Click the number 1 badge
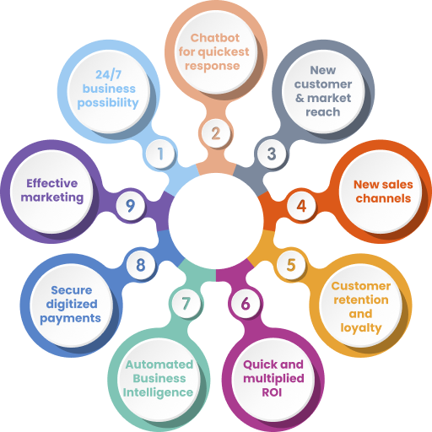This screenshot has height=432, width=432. tap(160, 154)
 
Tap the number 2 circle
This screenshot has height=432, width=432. tap(216, 133)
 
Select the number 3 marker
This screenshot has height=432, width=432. tap(272, 154)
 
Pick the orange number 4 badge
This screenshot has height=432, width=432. tap(301, 206)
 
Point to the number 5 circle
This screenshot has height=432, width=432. tap(291, 265)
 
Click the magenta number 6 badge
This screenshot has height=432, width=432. tap(246, 304)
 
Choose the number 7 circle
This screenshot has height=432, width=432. tap(186, 304)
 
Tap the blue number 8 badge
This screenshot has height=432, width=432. tap(141, 265)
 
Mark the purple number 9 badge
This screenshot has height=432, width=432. tap(130, 206)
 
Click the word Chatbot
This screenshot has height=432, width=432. tap(215, 38)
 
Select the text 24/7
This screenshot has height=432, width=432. tap(108, 74)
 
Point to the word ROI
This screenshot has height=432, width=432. tap(272, 392)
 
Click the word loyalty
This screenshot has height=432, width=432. tap(361, 328)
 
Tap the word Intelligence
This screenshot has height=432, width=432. tap(158, 393)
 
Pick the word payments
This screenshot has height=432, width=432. tap(70, 319)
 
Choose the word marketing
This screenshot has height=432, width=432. tap(52, 197)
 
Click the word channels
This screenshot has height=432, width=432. tap(383, 198)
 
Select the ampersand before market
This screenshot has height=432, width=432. tap(300, 98)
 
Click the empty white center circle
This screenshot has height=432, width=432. tap(216, 221)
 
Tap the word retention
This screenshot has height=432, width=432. tap(361, 300)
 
